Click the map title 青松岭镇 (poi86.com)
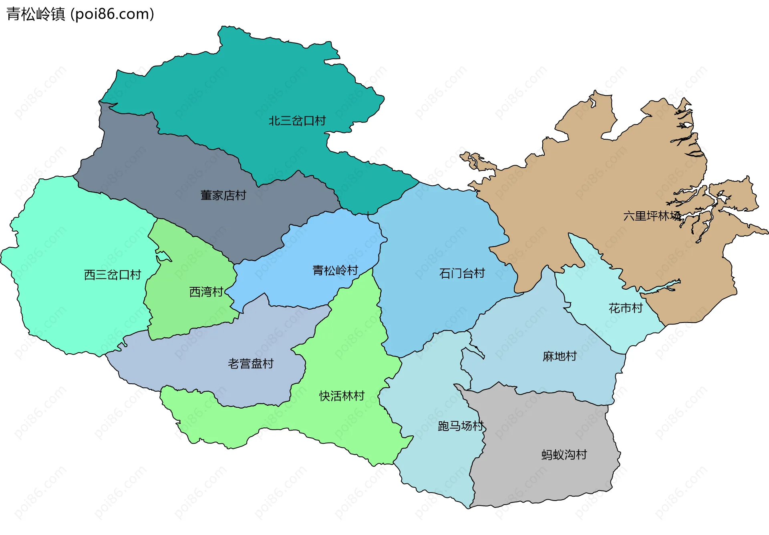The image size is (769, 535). [80, 14]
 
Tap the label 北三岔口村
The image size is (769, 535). [297, 120]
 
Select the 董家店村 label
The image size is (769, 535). [223, 195]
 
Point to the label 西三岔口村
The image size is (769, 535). [113, 275]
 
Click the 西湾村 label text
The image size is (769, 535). [206, 292]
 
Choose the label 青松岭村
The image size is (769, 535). [335, 271]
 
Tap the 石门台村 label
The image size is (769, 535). [462, 273]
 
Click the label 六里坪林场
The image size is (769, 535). [652, 216]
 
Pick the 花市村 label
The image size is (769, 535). [625, 308]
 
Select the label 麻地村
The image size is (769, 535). [560, 356]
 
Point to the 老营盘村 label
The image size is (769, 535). [251, 364]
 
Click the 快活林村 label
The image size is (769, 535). [342, 396]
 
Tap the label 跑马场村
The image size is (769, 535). [461, 426]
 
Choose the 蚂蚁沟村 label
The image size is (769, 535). [564, 455]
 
